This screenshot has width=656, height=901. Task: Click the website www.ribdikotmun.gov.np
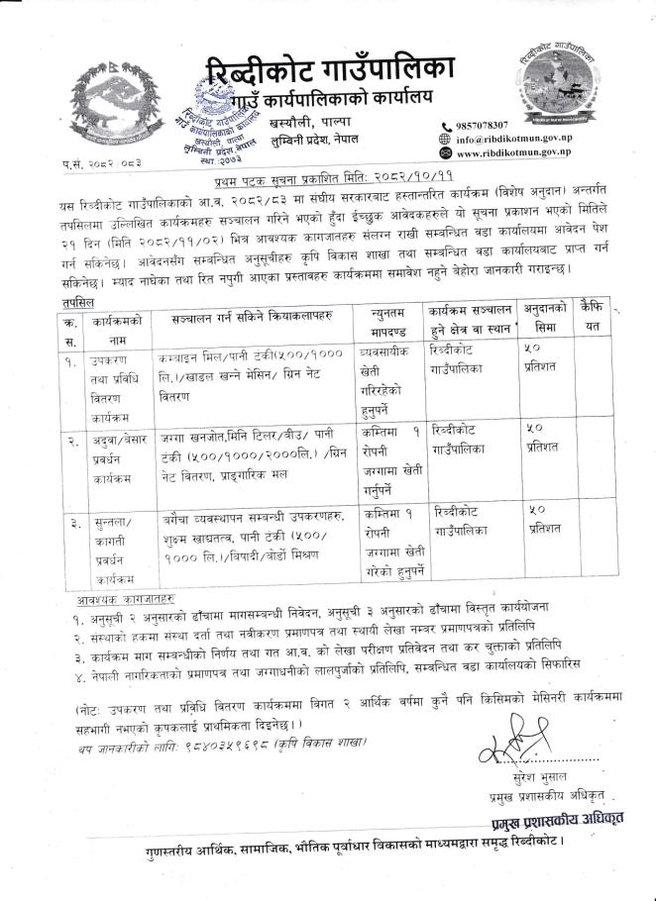(x=513, y=154)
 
